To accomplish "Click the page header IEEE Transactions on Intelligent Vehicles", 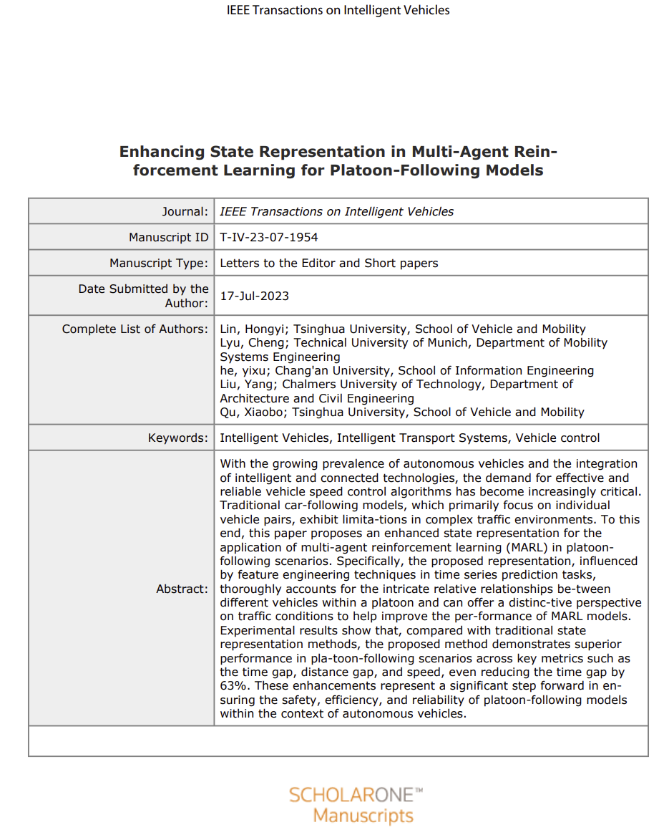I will [x=338, y=10].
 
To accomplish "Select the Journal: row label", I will [x=185, y=211].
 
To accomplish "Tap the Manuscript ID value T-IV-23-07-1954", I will [x=269, y=237].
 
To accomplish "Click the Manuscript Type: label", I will [x=159, y=263].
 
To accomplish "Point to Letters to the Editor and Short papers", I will [x=328, y=263].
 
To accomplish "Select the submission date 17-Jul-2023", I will [x=255, y=296].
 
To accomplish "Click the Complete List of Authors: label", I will [x=135, y=329].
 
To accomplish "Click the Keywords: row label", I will [x=178, y=438].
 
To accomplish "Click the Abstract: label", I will [x=182, y=589].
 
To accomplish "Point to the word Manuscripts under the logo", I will [x=363, y=816].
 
